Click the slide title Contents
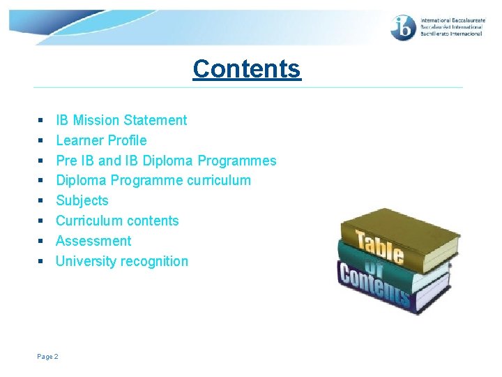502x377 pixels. (247, 68)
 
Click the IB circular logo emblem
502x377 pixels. (404, 27)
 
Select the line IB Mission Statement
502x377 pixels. (121, 120)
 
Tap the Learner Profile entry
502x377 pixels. (101, 140)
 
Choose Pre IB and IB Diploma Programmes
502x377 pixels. (166, 161)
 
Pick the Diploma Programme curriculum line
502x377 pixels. (153, 180)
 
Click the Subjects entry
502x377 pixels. (82, 200)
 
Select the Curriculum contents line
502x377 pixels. (117, 221)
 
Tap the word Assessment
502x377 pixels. (93, 241)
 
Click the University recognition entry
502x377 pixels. (122, 261)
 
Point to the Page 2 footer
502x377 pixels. (48, 357)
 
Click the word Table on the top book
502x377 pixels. (381, 246)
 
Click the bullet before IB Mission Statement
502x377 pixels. (40, 121)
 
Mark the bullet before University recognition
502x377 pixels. (40, 262)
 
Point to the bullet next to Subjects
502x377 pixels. (40, 201)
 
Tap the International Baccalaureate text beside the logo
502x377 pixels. (450, 27)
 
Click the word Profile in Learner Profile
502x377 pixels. (127, 140)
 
